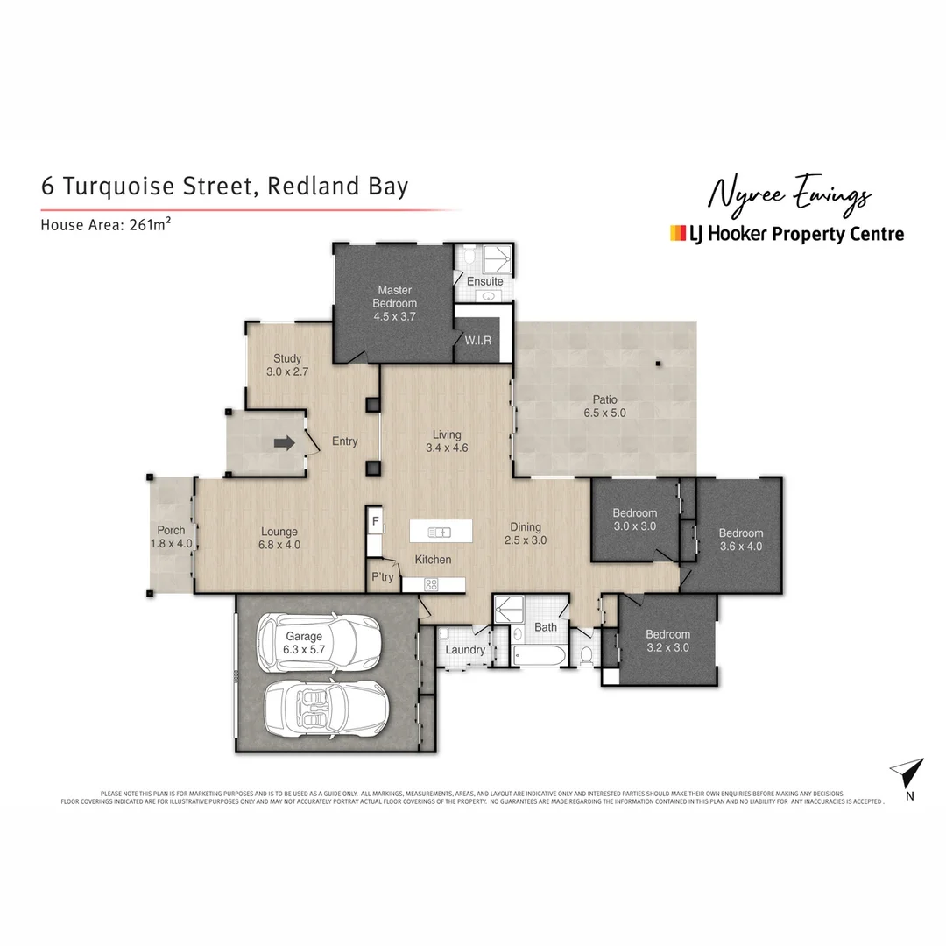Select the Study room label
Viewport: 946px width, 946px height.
pyautogui.click(x=287, y=365)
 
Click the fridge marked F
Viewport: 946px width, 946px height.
pyautogui.click(x=375, y=522)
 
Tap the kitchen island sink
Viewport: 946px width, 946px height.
pyautogui.click(x=440, y=532)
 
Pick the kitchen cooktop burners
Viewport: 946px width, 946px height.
pyautogui.click(x=431, y=583)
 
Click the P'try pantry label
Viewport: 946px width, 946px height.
pyautogui.click(x=383, y=577)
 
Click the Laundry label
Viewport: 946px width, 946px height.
pyautogui.click(x=465, y=650)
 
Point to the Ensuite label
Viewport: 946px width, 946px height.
pyautogui.click(x=485, y=281)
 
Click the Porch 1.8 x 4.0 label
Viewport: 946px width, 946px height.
pyautogui.click(x=171, y=537)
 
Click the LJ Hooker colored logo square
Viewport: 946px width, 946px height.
pyautogui.click(x=677, y=233)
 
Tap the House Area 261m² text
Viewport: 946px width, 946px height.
pyautogui.click(x=105, y=224)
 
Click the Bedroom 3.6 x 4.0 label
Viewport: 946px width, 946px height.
pyautogui.click(x=740, y=540)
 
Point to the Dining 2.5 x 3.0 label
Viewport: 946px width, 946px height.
pyautogui.click(x=526, y=533)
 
